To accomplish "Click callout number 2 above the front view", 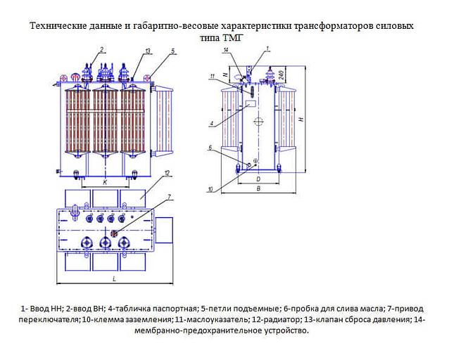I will pyautogui.click(x=102, y=49).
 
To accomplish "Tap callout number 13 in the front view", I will pyautogui.click(x=148, y=51).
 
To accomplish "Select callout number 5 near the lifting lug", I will pyautogui.click(x=172, y=51).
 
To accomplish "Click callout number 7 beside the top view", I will pyautogui.click(x=170, y=196).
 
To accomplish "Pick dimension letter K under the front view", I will pyautogui.click(x=104, y=181).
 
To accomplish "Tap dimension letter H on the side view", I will pyautogui.click(x=301, y=120).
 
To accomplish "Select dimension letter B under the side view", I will pyautogui.click(x=259, y=188).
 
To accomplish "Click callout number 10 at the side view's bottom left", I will pyautogui.click(x=210, y=188).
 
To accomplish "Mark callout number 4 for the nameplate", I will pyautogui.click(x=210, y=124).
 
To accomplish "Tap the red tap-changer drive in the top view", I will pyautogui.click(x=114, y=231).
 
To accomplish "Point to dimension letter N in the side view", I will pyautogui.click(x=224, y=74).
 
